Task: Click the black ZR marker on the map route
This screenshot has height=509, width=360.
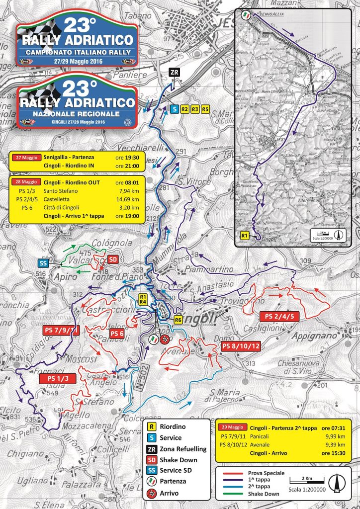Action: click(174, 73)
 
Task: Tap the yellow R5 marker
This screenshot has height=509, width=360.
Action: click(205, 109)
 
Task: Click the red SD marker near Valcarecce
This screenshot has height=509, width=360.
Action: click(113, 259)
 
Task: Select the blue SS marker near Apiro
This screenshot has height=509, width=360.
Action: click(43, 263)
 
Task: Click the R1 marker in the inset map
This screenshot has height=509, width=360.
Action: click(244, 235)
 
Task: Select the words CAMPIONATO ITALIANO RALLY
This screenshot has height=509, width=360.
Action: click(77, 51)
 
